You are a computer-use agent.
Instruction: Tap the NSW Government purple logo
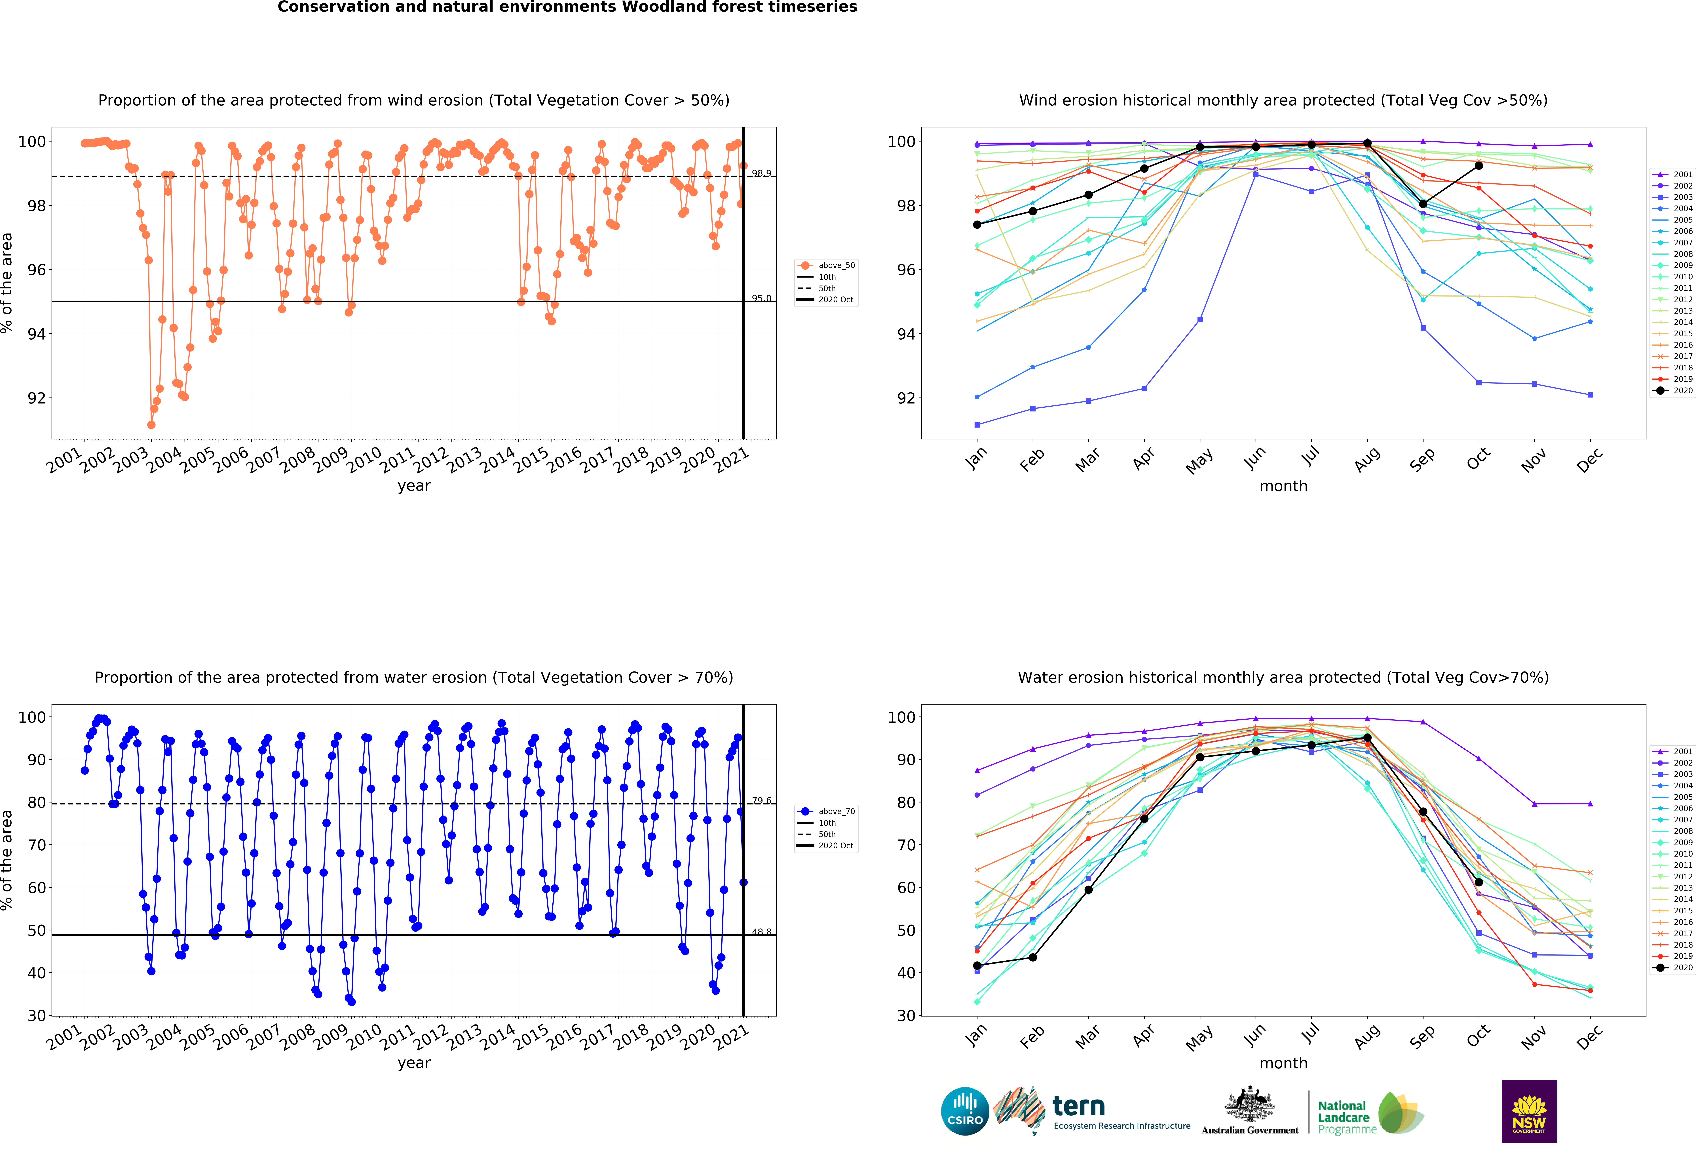tap(1529, 1111)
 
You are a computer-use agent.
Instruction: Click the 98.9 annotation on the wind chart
tap(761, 173)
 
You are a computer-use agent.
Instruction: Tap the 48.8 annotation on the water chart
tap(761, 932)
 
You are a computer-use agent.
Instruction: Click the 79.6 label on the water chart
tap(761, 801)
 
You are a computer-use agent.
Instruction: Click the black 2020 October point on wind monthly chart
tap(1479, 166)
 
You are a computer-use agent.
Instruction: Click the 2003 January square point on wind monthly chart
tap(977, 425)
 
